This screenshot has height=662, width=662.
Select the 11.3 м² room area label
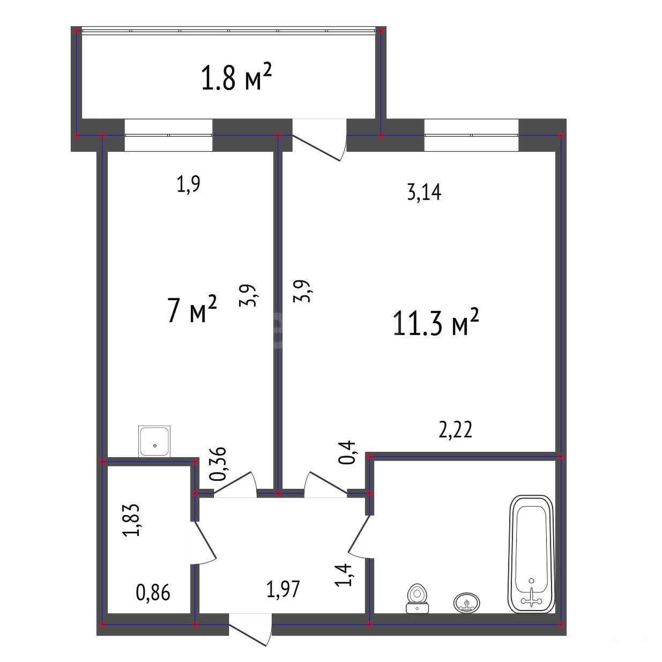[435, 323]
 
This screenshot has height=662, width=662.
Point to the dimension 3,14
[424, 192]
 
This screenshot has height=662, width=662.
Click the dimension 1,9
[188, 184]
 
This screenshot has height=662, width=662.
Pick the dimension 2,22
[456, 429]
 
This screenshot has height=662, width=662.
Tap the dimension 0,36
[218, 464]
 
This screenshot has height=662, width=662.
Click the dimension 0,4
[346, 452]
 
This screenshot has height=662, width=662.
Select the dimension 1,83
[131, 519]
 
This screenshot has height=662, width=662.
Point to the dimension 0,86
[153, 592]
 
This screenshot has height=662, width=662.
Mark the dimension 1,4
[343, 575]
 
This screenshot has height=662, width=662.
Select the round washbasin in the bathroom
[466, 603]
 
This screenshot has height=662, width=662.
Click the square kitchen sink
[154, 441]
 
